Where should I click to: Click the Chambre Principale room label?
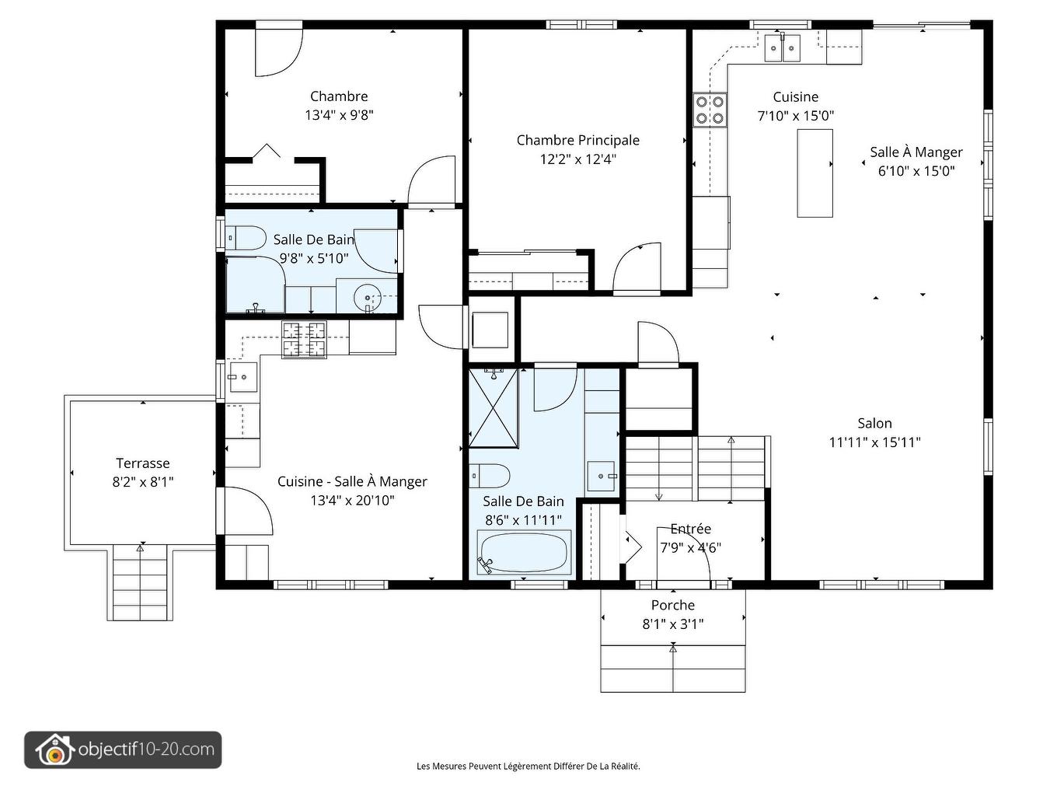[x=578, y=140]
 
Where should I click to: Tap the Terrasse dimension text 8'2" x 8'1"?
[x=142, y=481]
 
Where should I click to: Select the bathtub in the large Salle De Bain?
[x=524, y=552]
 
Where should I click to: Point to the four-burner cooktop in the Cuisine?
[x=710, y=110]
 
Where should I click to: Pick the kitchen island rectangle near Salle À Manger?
[x=815, y=173]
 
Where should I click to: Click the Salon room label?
[x=874, y=423]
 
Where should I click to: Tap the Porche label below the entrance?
[x=673, y=605]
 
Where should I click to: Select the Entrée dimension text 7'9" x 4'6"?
[x=690, y=547]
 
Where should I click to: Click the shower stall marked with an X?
[x=493, y=407]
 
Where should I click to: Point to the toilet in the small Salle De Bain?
[x=246, y=238]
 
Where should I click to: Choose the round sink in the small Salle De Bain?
[x=367, y=297]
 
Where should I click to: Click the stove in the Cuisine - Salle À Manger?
[x=305, y=340]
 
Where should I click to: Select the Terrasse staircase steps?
[x=140, y=582]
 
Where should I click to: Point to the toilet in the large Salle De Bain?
[x=490, y=476]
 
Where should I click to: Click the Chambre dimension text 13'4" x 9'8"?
[x=339, y=115]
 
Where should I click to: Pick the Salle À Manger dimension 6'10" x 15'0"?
[x=916, y=171]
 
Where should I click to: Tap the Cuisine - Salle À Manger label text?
[x=352, y=481]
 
